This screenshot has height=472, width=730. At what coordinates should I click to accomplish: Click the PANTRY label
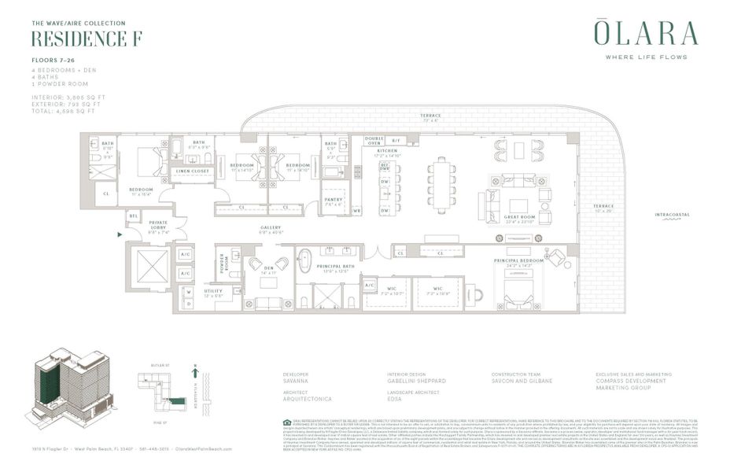click(334, 200)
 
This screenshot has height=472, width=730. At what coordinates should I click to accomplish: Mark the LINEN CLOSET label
click(192, 171)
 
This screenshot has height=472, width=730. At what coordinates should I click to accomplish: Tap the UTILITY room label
click(212, 291)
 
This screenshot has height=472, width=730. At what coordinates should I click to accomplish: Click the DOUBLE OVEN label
click(374, 142)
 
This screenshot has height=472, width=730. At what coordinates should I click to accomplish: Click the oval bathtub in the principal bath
click(305, 260)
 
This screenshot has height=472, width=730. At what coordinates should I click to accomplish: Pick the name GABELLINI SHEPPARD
click(418, 381)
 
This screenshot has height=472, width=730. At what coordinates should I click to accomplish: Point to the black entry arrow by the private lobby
click(119, 234)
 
